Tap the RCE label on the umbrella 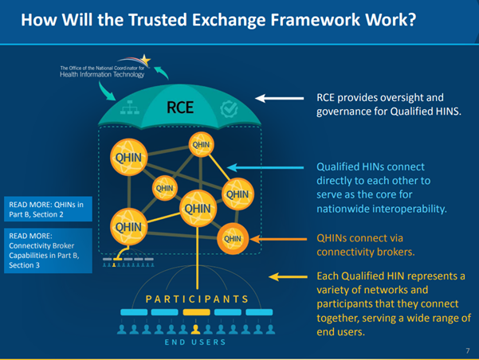click(x=180, y=107)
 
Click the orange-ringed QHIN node click(x=233, y=237)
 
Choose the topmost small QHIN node click(x=201, y=145)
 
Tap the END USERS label click(x=196, y=342)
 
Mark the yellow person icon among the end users click(x=195, y=327)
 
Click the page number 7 click(x=466, y=350)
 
